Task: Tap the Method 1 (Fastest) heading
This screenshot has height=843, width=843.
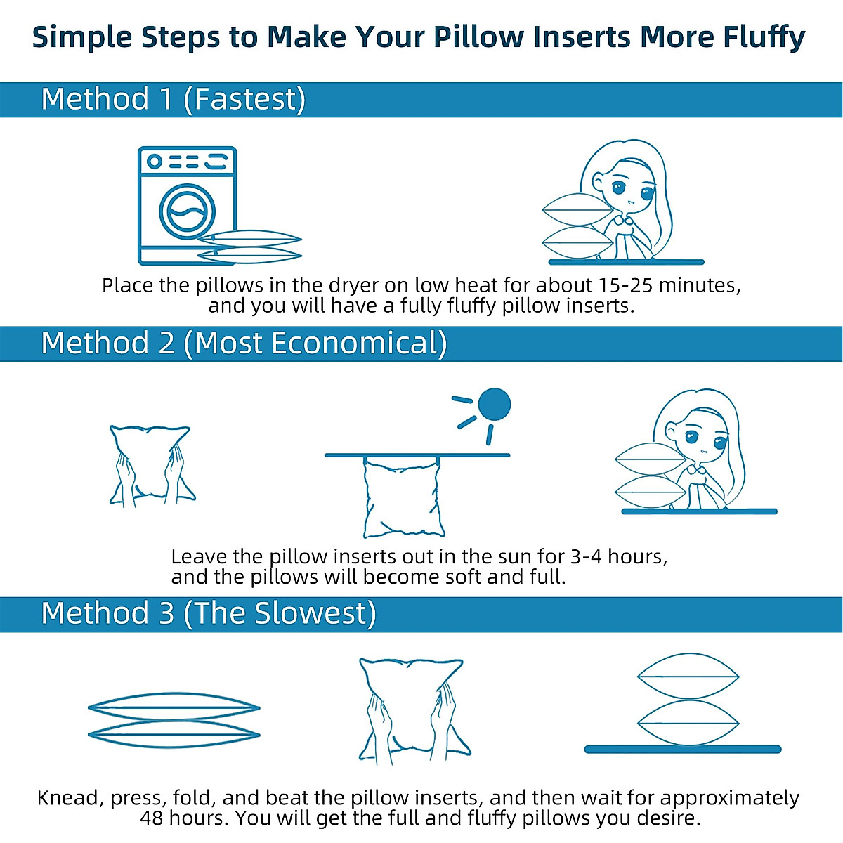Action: point(173,99)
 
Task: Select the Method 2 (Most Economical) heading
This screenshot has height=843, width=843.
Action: point(244,344)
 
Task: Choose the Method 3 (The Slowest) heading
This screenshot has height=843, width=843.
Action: point(209,613)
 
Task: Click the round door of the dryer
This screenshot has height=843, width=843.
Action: point(187,211)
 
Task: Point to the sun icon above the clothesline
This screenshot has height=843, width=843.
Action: point(493,405)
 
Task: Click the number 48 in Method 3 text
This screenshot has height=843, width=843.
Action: point(154,818)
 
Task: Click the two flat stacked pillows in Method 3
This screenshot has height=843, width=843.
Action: point(174,721)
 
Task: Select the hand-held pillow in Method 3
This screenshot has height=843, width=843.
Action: point(410,710)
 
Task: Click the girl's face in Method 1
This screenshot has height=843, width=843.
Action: point(627,190)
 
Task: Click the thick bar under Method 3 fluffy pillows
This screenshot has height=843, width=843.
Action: point(682,750)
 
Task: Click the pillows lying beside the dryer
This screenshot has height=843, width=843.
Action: point(249,247)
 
